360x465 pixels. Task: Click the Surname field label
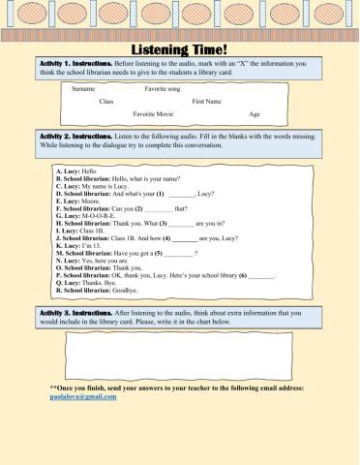(84, 88)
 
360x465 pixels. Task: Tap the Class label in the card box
(106, 101)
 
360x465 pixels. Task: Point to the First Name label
(206, 101)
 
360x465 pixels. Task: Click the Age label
(255, 113)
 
